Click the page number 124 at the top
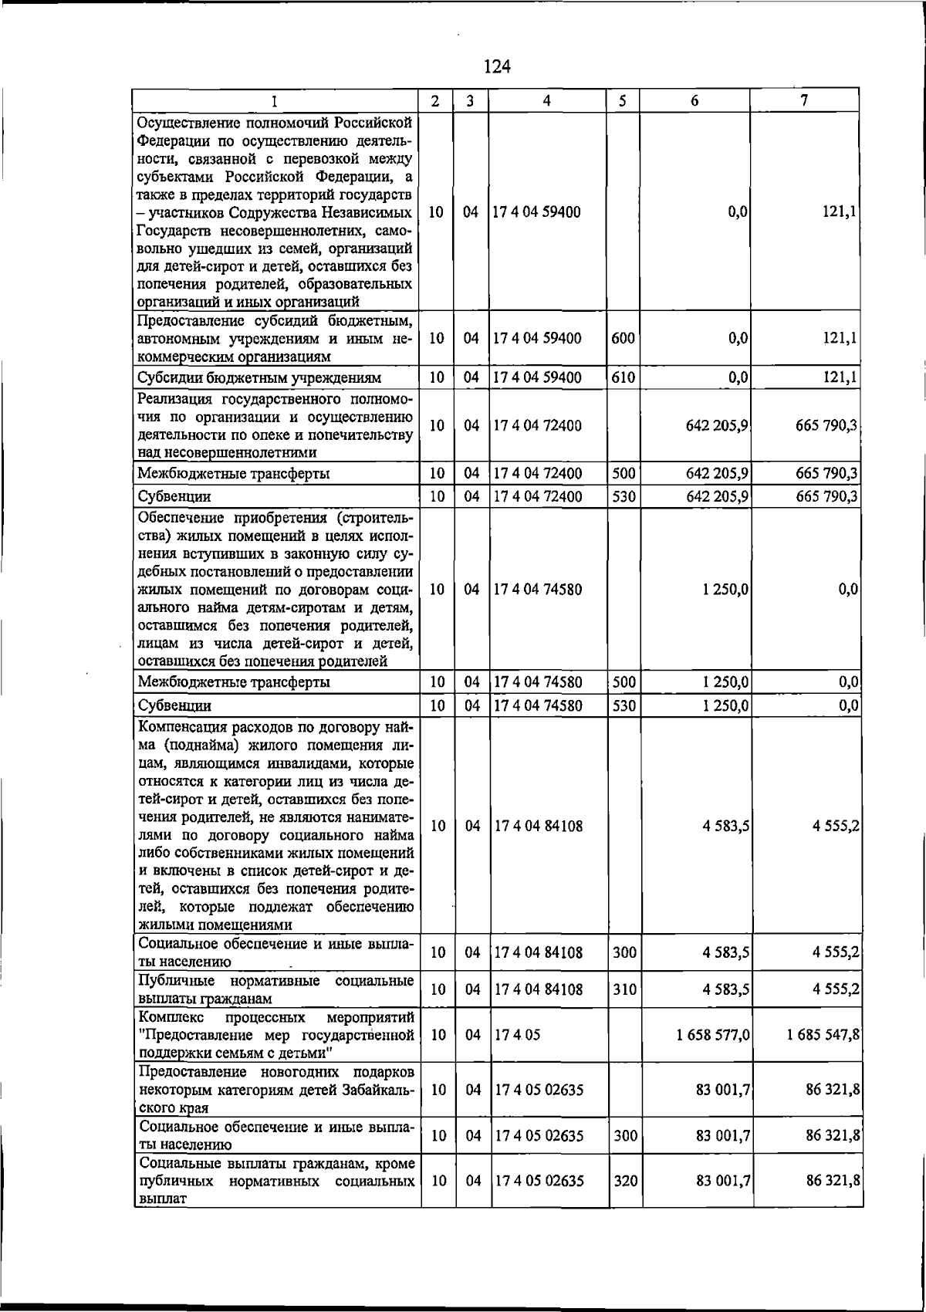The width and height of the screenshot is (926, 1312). pyautogui.click(x=497, y=67)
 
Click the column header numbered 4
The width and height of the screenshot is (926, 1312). pyautogui.click(x=546, y=100)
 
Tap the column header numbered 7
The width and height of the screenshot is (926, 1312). pyautogui.click(x=804, y=100)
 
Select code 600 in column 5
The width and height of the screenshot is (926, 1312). pyautogui.click(x=623, y=338)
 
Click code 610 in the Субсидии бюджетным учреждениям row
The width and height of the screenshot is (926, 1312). pyautogui.click(x=623, y=378)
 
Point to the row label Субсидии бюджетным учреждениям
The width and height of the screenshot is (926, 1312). pyautogui.click(x=259, y=378)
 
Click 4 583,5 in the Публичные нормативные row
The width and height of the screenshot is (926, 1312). pyautogui.click(x=726, y=989)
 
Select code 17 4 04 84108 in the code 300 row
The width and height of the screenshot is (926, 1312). pyautogui.click(x=539, y=952)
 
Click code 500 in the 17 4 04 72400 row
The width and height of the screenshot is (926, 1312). pyautogui.click(x=623, y=473)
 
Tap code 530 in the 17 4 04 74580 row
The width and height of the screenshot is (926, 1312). pyautogui.click(x=623, y=705)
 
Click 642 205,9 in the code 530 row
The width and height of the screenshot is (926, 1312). pyautogui.click(x=717, y=496)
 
